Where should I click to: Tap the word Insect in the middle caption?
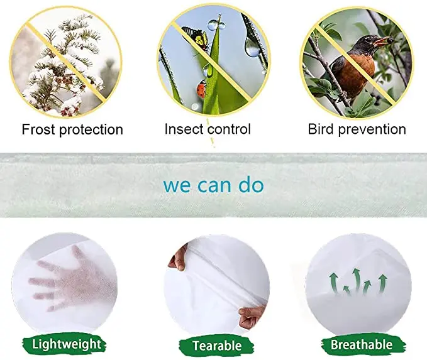point(184,129)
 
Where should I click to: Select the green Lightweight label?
point(67,344)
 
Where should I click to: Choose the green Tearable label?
point(217,346)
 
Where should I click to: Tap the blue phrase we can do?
point(214,185)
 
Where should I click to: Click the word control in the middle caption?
point(230,129)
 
